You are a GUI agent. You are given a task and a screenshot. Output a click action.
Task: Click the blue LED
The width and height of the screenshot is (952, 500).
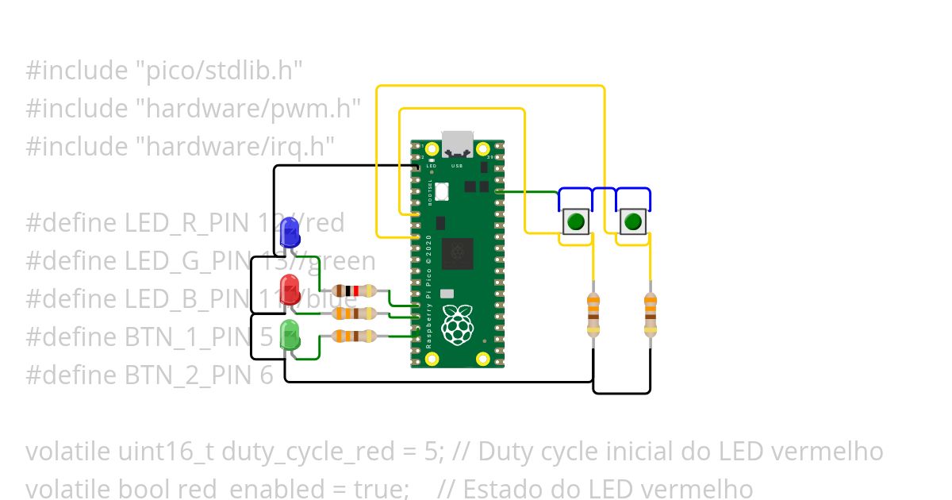click(290, 233)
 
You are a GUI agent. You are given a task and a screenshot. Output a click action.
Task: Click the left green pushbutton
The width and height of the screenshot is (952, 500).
click(576, 221)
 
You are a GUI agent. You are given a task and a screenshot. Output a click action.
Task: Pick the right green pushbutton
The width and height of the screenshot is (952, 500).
click(632, 221)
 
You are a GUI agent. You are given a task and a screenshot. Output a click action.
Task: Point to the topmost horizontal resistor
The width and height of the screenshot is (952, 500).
click(354, 291)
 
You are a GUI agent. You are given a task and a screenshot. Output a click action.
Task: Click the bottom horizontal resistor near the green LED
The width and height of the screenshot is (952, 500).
click(354, 336)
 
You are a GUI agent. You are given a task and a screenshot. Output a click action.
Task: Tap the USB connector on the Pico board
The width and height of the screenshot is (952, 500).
click(458, 143)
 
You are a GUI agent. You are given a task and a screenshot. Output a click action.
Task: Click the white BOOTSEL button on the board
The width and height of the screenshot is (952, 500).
click(442, 190)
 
